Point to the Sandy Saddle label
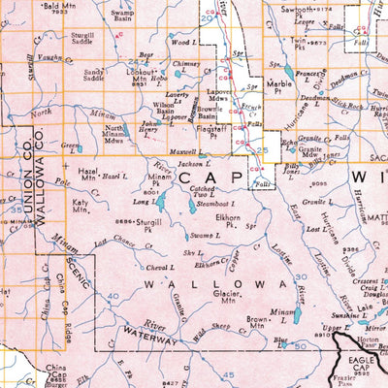tap(94, 76)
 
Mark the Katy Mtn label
tap(81, 205)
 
